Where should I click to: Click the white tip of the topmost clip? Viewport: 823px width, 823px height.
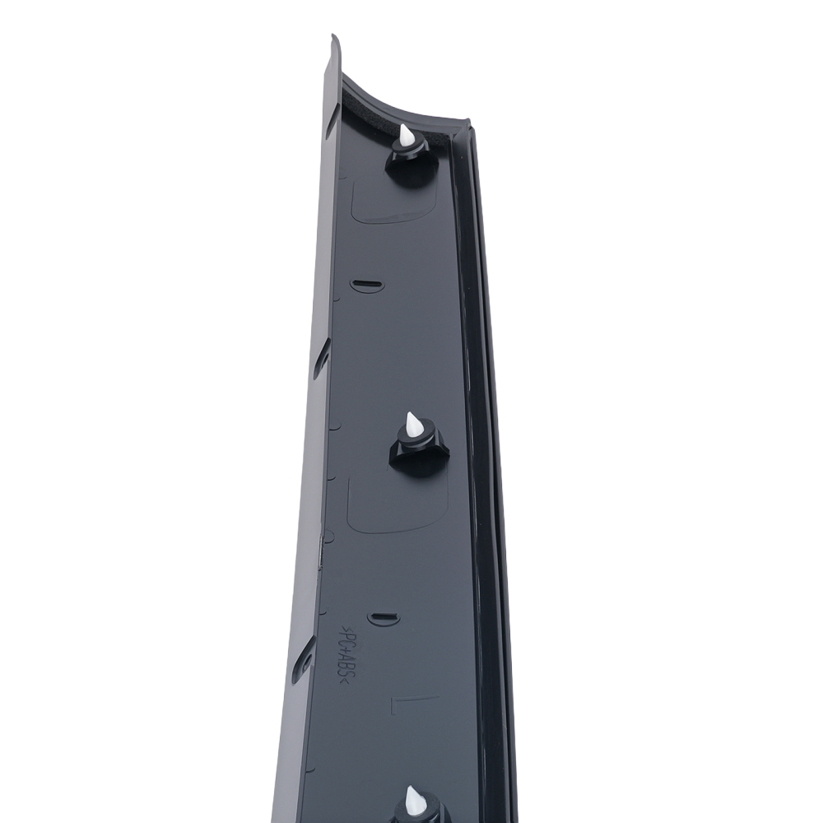[407, 135]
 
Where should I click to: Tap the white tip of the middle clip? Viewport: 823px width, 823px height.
[414, 425]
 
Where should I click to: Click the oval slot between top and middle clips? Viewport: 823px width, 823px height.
[366, 285]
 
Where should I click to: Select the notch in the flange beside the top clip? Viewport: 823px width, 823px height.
[331, 123]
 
